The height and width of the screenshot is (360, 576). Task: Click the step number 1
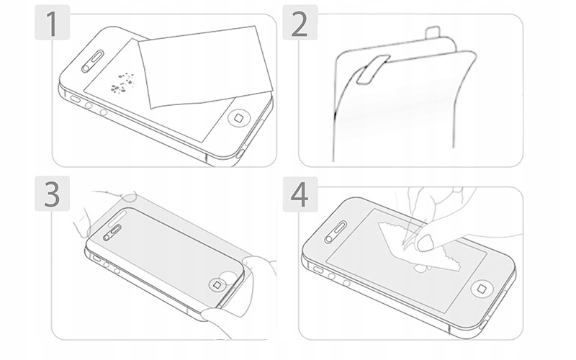(x=52, y=23)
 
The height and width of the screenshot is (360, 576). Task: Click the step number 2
(x=299, y=24)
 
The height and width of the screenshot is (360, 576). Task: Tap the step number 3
(x=52, y=194)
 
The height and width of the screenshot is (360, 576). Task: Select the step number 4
(x=299, y=194)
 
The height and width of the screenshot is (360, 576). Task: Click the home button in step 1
(x=239, y=118)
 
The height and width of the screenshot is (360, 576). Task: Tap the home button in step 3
(x=217, y=284)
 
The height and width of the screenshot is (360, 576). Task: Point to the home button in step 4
(x=482, y=289)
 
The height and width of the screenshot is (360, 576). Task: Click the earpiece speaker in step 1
(x=92, y=60)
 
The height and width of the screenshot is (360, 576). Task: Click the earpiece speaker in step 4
(x=336, y=232)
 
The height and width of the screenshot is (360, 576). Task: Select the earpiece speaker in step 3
(x=113, y=233)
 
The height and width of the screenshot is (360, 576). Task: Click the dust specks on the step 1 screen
(x=122, y=82)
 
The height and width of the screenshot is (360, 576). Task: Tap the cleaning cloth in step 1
(x=205, y=67)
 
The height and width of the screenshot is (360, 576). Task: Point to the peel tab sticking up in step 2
(x=433, y=32)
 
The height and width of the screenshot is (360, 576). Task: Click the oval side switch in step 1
(x=76, y=99)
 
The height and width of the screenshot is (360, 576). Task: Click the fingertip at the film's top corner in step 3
(x=130, y=197)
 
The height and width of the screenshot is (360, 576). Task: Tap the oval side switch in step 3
(x=96, y=258)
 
